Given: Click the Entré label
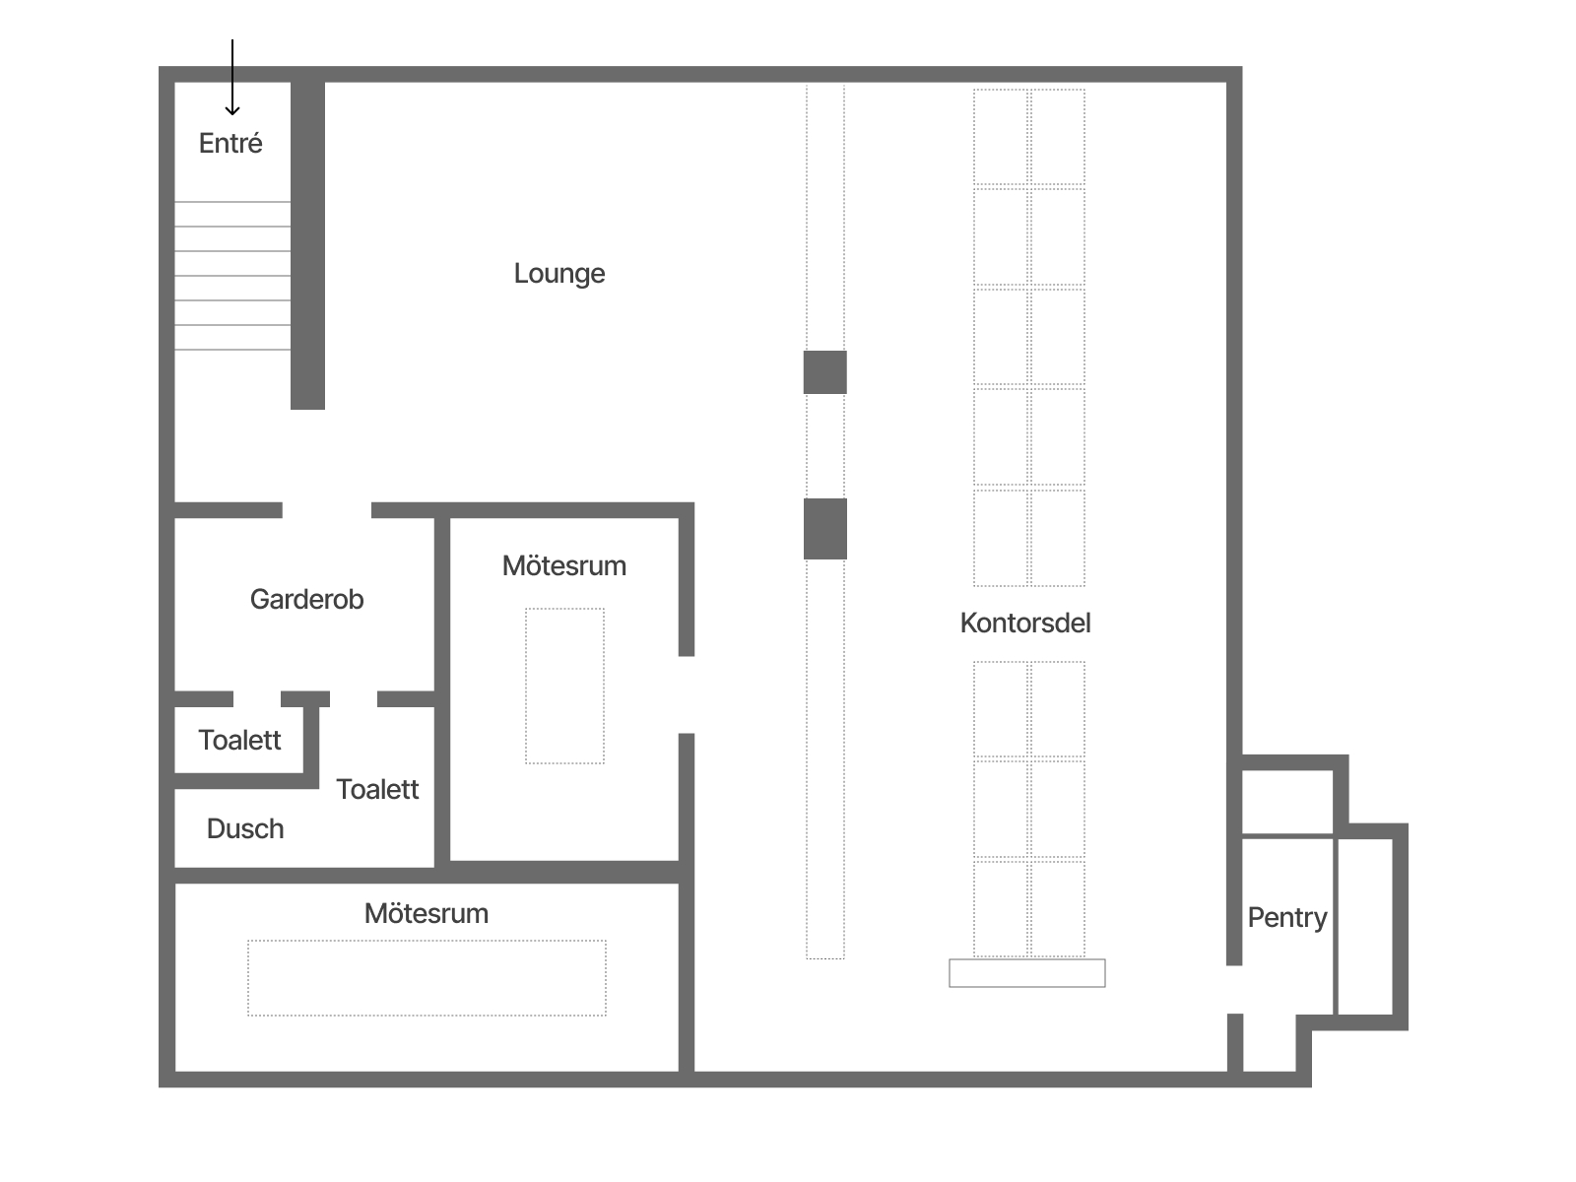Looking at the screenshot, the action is tap(230, 143).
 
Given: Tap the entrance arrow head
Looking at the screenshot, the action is tap(231, 110).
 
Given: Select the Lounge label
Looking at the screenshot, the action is tap(559, 274).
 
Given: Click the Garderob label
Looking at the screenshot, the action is tap(306, 599).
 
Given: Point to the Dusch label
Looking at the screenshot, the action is tap(245, 829).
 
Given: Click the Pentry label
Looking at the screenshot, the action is tap(1286, 918).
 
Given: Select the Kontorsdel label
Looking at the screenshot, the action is tap(1025, 623).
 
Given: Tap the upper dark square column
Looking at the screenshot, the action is tap(825, 372).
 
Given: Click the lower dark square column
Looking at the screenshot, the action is tap(825, 529).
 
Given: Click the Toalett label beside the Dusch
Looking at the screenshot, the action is tap(377, 789).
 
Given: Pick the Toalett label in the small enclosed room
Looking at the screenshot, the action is tap(239, 740).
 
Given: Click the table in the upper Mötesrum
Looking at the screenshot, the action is tap(565, 687).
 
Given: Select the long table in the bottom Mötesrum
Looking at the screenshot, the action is tap(427, 978).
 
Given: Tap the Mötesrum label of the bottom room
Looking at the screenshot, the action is tap(427, 914).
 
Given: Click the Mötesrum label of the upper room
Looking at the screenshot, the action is tap(564, 566).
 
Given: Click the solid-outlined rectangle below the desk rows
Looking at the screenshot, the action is tap(1027, 973).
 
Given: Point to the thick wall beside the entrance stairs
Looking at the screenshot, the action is tap(307, 245).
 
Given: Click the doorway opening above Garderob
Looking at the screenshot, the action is tap(327, 510).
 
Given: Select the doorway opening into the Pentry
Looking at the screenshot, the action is tap(1235, 990).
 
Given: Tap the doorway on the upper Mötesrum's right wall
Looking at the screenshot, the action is tap(687, 694).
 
